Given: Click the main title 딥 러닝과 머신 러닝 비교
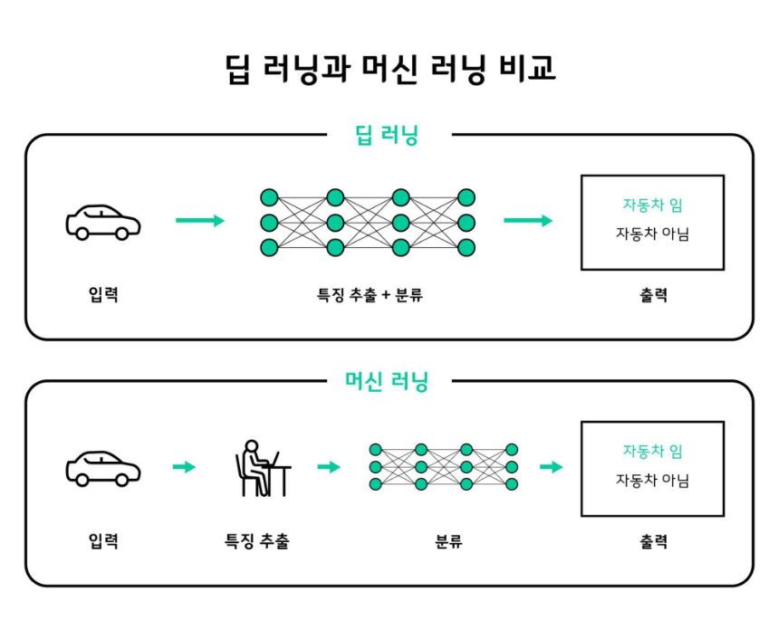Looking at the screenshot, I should (x=389, y=69).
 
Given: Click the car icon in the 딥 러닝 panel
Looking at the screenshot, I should (x=103, y=221).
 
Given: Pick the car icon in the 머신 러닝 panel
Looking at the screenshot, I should (x=103, y=467).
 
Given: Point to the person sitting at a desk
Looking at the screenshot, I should (x=260, y=468).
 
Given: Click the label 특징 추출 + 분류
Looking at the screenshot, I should (x=369, y=295).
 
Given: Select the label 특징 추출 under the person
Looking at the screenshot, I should (x=257, y=541).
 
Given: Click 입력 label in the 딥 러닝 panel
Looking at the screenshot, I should (x=103, y=295).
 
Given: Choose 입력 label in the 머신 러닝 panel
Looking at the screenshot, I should (x=103, y=541).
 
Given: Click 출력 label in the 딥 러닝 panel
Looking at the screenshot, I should (x=653, y=295).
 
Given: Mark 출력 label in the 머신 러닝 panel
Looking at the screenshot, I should (x=653, y=541).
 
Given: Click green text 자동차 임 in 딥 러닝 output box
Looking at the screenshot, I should (x=652, y=205).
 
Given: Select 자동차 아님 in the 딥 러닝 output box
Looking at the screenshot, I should (x=652, y=234).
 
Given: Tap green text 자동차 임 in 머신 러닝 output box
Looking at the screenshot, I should (x=652, y=452).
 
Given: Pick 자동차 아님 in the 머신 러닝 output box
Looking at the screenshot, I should (x=652, y=481).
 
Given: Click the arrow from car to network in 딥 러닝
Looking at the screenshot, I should (x=200, y=221).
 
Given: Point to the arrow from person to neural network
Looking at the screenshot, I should (x=329, y=467).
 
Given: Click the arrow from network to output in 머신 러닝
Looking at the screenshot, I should (x=551, y=467).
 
